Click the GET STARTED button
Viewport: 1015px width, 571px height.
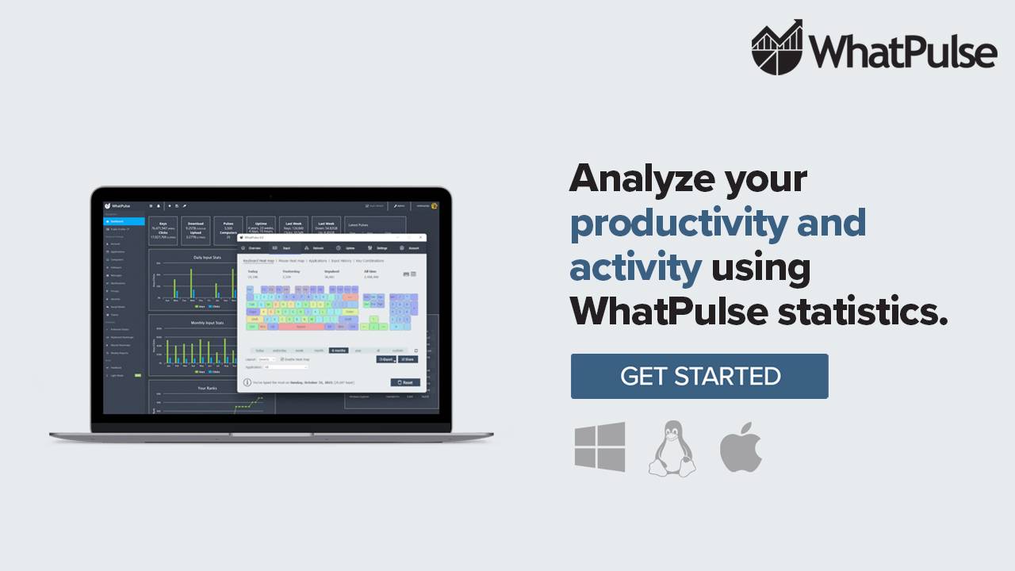tap(699, 376)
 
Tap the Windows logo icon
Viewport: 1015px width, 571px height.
tap(599, 446)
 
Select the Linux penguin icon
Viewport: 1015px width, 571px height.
tap(672, 448)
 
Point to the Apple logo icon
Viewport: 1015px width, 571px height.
tap(741, 447)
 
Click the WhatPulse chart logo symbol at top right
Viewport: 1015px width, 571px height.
tap(777, 48)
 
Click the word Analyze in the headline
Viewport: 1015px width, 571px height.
tap(639, 179)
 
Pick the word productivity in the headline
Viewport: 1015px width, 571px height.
tap(678, 224)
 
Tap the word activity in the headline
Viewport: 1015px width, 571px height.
tap(635, 267)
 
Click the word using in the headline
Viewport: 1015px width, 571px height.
tap(760, 267)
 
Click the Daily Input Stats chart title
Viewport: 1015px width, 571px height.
tap(208, 257)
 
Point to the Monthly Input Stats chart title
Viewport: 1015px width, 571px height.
tap(208, 323)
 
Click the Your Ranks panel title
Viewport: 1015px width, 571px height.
tap(207, 388)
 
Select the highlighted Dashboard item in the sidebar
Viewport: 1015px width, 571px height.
tap(124, 221)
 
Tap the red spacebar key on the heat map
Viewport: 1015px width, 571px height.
tap(301, 326)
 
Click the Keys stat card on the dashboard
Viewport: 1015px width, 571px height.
tap(163, 228)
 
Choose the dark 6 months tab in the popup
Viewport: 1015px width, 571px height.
tap(339, 350)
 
